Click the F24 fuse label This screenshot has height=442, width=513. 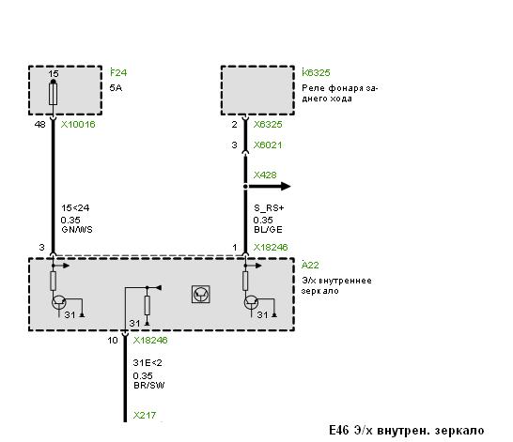118,72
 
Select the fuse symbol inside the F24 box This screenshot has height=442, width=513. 53,94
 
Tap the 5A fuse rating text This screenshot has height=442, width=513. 116,87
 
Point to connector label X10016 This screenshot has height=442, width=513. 78,125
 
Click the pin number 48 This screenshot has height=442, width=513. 39,125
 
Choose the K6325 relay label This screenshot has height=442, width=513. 316,72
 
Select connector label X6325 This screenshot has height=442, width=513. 268,125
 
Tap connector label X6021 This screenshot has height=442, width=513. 268,145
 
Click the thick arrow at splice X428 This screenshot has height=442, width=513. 269,187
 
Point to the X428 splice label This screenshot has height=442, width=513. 265,175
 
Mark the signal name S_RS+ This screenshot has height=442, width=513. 269,208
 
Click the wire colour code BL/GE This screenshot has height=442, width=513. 268,230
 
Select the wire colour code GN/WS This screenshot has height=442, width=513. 77,230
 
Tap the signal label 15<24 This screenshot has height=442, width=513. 75,208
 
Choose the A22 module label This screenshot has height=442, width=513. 310,265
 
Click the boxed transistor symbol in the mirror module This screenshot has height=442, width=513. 200,295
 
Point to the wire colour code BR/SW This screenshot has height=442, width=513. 148,386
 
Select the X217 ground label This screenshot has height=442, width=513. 145,415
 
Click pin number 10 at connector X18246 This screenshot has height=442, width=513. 113,341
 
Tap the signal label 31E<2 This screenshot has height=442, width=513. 148,363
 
